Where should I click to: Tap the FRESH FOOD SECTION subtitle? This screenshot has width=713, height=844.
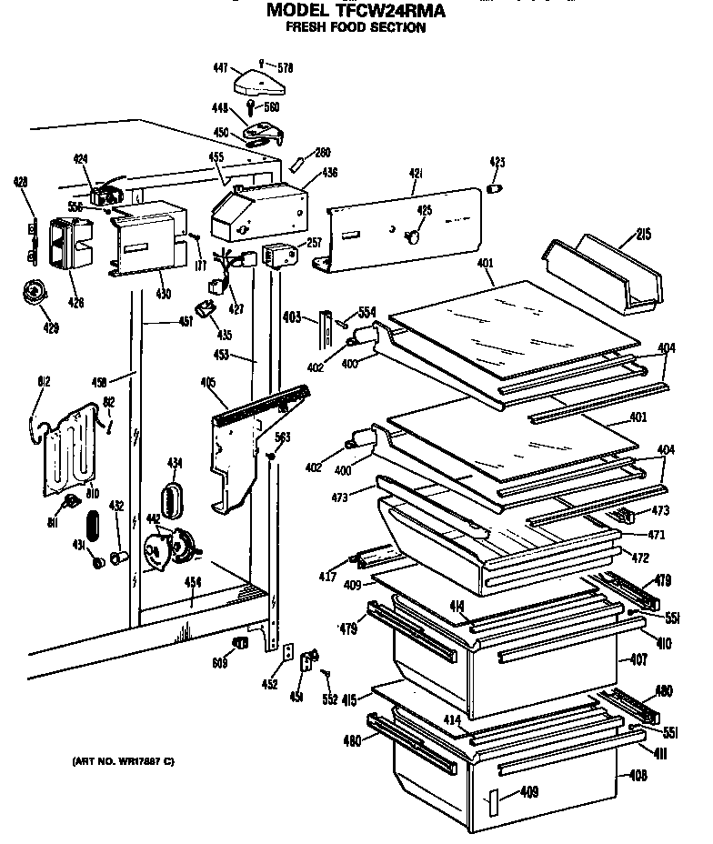point(356,28)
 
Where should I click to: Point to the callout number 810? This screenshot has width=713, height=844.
point(92,492)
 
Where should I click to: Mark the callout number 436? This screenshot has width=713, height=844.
point(328,172)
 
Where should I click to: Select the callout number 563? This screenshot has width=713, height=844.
point(282,437)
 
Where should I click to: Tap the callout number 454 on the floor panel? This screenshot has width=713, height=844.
point(193,583)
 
